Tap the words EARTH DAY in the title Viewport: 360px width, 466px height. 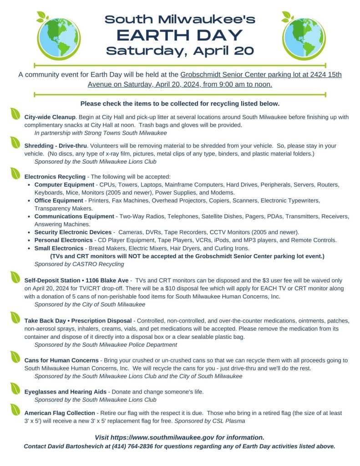[x=180, y=35]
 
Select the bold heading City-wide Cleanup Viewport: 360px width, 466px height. [x=50, y=117]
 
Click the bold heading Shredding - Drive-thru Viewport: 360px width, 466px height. [x=56, y=146]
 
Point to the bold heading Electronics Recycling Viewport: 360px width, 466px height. [x=55, y=176]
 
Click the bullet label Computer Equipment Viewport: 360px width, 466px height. [x=64, y=184]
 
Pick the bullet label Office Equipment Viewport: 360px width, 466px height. [x=59, y=200]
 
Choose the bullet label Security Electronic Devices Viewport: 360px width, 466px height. [x=73, y=232]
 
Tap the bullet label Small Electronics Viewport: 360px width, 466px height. [x=58, y=248]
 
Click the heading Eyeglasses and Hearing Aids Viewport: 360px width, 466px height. [x=66, y=391]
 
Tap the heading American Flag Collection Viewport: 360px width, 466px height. [x=60, y=413]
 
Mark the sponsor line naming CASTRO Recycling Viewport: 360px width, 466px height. [x=79, y=264]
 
